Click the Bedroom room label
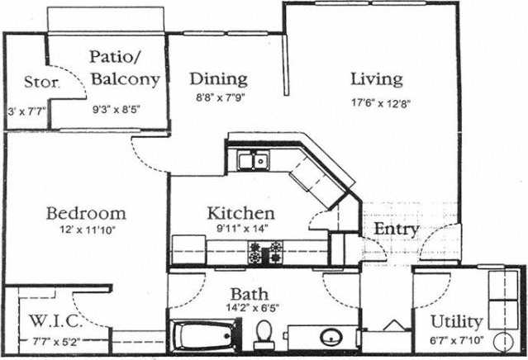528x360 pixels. pyautogui.click(x=86, y=212)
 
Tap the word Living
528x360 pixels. pyautogui.click(x=376, y=79)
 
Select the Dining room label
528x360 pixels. pyautogui.click(x=219, y=79)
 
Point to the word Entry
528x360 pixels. pyautogui.click(x=397, y=229)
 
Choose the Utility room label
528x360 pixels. pyautogui.click(x=456, y=321)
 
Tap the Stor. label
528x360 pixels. pyautogui.click(x=40, y=83)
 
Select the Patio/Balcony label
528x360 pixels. pyautogui.click(x=125, y=69)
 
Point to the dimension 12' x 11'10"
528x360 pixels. pyautogui.click(x=86, y=231)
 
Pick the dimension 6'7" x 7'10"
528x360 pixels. pyautogui.click(x=455, y=339)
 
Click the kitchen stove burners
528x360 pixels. pyautogui.click(x=265, y=252)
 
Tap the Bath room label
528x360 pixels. pyautogui.click(x=247, y=295)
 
